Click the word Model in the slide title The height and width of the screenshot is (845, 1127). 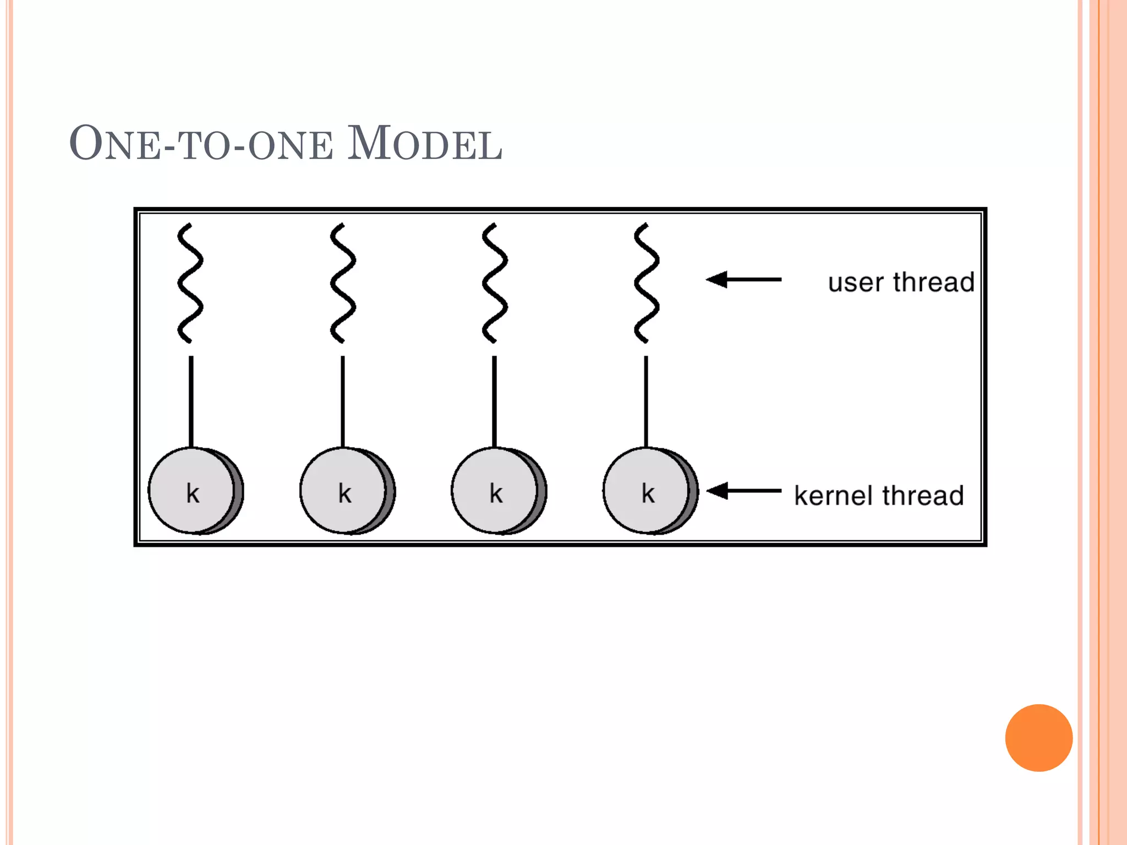424,144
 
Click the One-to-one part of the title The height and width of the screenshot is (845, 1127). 201,144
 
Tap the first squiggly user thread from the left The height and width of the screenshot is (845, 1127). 190,283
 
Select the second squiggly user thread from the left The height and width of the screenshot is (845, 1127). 342,283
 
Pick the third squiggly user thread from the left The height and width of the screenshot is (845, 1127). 494,283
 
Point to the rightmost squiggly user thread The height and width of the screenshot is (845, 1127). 646,283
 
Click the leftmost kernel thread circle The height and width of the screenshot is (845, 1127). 193,491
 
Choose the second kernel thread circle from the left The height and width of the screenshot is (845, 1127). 344,491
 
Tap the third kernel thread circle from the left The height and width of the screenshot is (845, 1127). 496,491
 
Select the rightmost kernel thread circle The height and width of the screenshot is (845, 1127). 648,491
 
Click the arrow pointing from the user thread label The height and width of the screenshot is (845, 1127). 743,279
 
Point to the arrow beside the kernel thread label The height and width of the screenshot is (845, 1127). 743,490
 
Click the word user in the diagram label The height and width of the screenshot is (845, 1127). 855,283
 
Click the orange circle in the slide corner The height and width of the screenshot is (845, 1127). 1038,738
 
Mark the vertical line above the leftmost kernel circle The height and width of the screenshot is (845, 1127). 191,402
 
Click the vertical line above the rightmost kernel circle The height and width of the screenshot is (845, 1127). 646,402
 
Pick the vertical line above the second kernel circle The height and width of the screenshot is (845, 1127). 343,402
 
